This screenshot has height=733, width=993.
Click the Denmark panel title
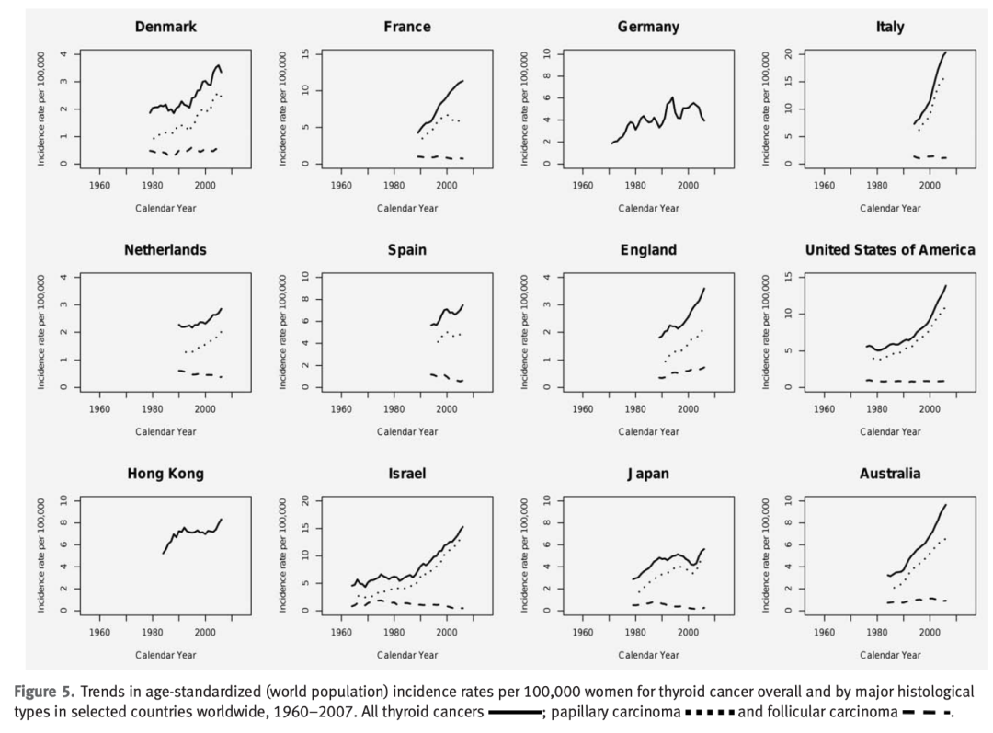point(165,27)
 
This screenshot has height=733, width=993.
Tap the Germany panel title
point(648,27)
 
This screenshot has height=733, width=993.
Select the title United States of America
point(889,250)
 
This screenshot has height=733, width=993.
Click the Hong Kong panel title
point(165,475)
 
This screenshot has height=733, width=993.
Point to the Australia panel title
point(889,475)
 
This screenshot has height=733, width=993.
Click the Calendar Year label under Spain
point(406,431)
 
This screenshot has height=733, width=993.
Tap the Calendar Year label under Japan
point(648,655)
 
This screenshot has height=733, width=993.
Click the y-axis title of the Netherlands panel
point(41,332)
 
